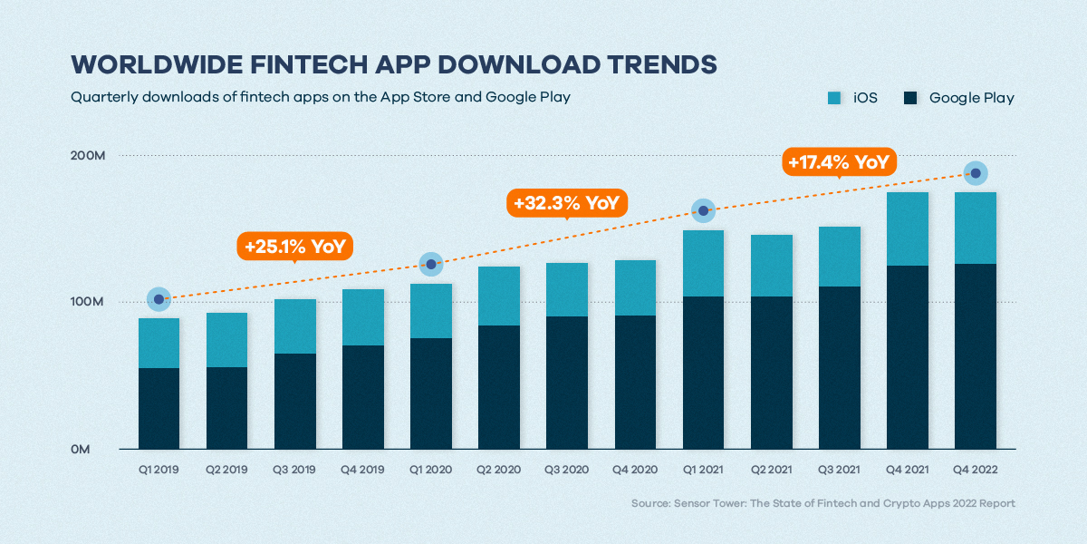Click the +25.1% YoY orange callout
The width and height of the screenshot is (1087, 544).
point(294,246)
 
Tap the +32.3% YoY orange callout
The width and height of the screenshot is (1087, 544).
point(566,203)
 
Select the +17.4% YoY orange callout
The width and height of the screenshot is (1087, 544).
point(838,162)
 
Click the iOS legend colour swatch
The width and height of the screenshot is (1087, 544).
point(834,97)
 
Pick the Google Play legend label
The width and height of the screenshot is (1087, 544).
point(971,97)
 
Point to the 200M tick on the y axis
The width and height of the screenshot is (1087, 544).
point(89,156)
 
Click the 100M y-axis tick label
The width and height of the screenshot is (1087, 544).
point(89,302)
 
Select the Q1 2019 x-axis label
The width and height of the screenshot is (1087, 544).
point(159,470)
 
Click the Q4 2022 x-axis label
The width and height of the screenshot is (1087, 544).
point(976,470)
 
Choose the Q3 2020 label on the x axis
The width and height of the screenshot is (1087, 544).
point(567,470)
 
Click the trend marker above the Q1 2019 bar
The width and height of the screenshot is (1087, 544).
point(159,299)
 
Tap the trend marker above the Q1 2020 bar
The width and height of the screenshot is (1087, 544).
point(431,264)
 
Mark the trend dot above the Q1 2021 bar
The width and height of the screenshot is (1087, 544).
point(703,211)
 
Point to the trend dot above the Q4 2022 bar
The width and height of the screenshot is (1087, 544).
point(976,173)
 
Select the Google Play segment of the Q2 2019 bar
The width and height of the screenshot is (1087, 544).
point(226,408)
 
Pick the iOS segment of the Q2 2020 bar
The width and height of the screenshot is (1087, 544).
point(499,296)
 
